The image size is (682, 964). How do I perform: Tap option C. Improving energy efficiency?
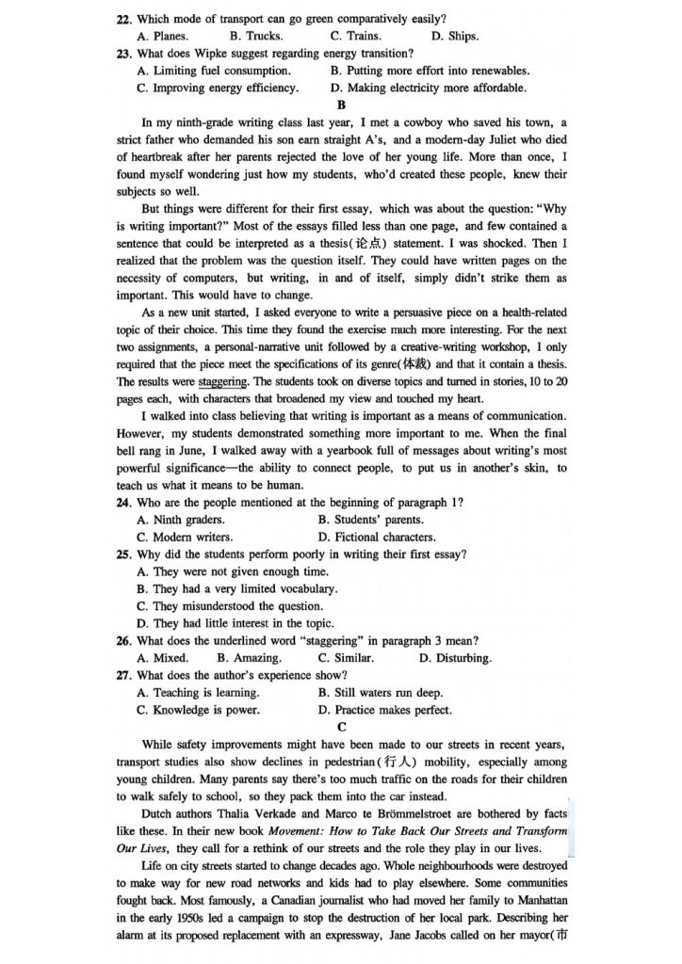(x=218, y=88)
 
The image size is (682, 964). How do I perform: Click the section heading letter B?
(x=341, y=105)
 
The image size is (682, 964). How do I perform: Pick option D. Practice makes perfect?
(x=385, y=710)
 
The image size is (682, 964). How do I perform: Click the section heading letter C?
(x=341, y=727)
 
